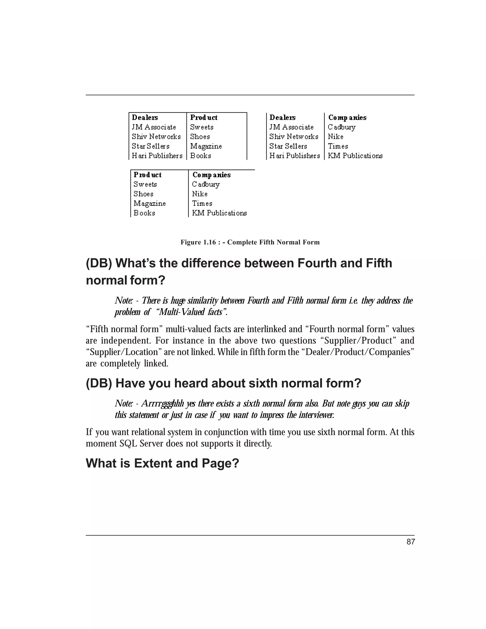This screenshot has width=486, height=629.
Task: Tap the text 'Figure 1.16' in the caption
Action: [x=198, y=242]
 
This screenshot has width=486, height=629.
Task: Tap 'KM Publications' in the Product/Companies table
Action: [x=220, y=213]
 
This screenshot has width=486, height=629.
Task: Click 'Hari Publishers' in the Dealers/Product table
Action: [x=157, y=155]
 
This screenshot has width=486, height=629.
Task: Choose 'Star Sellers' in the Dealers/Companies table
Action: [x=288, y=146]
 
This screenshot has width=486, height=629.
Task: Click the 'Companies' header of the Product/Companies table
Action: [x=212, y=175]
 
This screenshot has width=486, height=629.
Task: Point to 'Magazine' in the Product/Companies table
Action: [x=150, y=203]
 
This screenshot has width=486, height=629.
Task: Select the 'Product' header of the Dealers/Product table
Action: [x=204, y=117]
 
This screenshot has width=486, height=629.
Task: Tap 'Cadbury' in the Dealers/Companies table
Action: [x=342, y=127]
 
